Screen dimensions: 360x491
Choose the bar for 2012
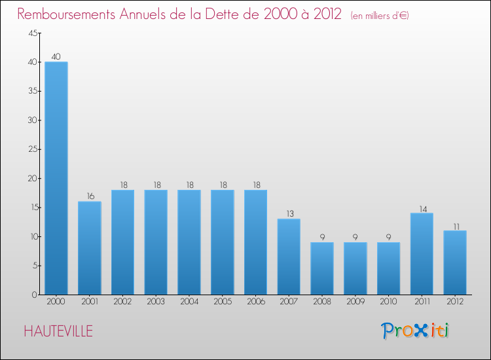[455, 262]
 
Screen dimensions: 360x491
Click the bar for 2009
[355, 268]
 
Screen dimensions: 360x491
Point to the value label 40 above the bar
[56, 57]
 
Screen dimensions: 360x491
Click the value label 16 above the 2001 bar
[89, 196]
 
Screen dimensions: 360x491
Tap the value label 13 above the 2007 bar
[289, 213]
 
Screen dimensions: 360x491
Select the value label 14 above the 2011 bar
[422, 208]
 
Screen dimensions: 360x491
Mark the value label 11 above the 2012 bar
[455, 225]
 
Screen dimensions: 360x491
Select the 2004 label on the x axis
[189, 302]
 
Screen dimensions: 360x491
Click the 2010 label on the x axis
[388, 302]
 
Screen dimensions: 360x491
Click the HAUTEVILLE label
[58, 331]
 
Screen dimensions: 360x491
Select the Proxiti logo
[416, 331]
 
